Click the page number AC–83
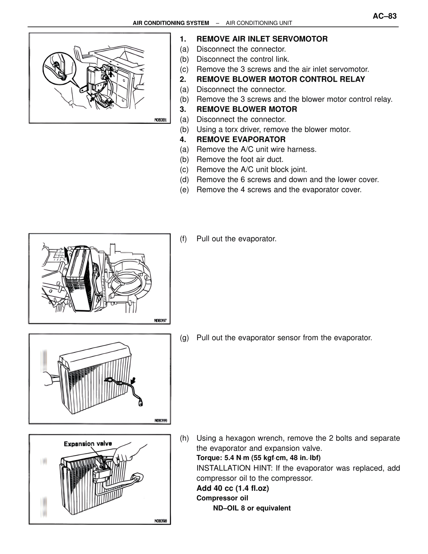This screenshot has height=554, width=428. tap(385, 16)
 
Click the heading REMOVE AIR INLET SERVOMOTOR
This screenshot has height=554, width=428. tap(262, 39)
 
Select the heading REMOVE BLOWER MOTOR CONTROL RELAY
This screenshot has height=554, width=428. tap(281, 79)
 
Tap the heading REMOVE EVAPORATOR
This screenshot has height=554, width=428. tap(241, 140)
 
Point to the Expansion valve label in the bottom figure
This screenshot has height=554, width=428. tap(88, 444)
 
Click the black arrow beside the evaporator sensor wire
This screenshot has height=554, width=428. tap(133, 380)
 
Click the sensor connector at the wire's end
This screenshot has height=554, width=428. tap(141, 403)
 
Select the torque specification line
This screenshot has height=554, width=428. tap(258, 458)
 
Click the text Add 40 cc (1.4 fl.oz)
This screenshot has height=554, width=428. tap(232, 488)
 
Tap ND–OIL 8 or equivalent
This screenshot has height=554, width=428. tap(252, 508)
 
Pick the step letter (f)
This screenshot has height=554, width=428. tap(184, 239)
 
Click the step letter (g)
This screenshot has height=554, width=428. tap(184, 338)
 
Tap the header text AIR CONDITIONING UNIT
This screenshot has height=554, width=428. tap(259, 23)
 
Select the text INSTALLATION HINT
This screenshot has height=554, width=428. tap(234, 468)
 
